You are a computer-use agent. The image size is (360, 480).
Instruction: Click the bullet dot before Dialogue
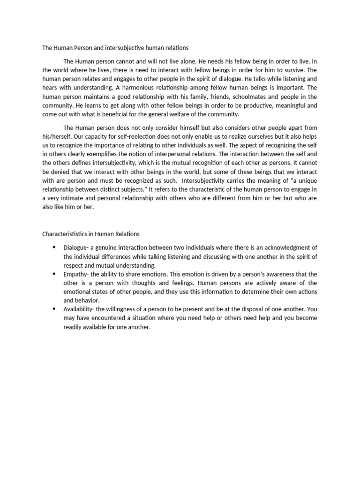tap(54, 247)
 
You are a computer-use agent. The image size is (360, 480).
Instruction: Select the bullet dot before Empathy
tap(54, 274)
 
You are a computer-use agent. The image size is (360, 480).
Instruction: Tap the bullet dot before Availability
tap(54, 309)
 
